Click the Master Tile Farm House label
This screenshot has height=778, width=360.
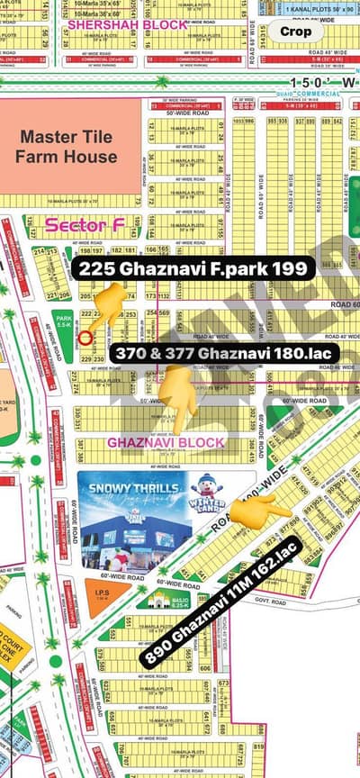(68, 147)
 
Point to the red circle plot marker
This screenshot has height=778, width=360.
(85, 338)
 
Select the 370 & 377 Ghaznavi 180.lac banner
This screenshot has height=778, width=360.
(226, 354)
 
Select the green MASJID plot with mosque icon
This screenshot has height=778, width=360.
(156, 598)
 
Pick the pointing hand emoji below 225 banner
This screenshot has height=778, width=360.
(107, 304)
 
